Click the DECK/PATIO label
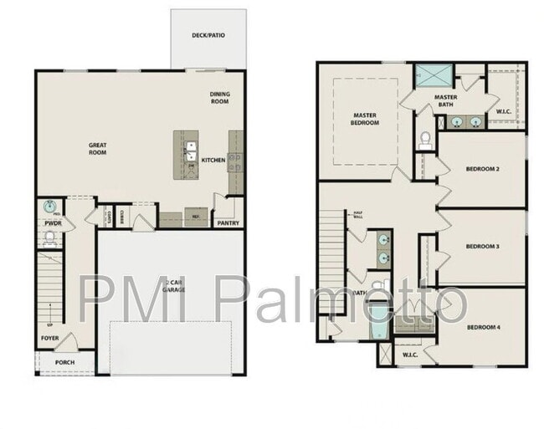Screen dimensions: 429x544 coord(208,35)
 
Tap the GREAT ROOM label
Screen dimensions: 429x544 coord(98,149)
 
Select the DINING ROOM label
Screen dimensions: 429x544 coord(219,97)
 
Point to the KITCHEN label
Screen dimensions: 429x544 coord(213,160)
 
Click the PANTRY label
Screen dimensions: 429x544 coord(228,223)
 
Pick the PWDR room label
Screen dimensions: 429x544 coord(51,223)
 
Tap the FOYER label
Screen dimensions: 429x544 coord(50,339)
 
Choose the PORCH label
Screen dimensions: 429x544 coord(64,362)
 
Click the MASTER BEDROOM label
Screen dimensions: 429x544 coord(365,119)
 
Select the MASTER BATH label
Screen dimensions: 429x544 coord(444,101)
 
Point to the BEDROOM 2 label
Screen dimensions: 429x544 coord(482,169)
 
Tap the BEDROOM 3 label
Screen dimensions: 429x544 coord(482,246)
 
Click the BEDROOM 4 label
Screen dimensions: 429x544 coord(483,326)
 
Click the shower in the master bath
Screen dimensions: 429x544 coord(434,76)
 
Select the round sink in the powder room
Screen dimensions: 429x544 coord(50,207)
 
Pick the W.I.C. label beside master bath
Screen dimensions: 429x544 coord(504,111)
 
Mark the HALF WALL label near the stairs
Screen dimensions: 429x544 coord(357,215)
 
